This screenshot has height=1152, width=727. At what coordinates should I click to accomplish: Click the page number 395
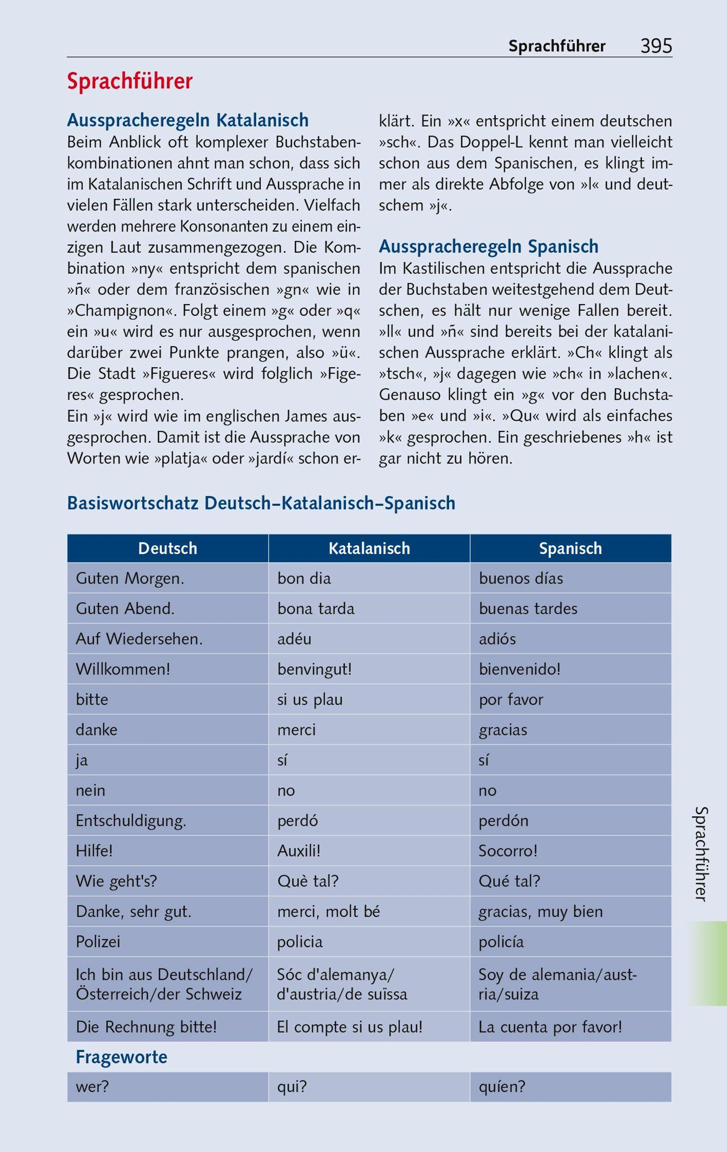click(x=656, y=46)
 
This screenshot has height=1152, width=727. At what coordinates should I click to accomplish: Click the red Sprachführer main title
click(x=130, y=82)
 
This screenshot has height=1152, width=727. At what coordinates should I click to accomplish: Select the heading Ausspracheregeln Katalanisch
click(x=188, y=120)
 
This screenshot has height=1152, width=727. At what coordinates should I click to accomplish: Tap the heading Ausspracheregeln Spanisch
click(x=488, y=246)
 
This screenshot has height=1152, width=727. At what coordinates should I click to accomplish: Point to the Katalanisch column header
click(x=369, y=548)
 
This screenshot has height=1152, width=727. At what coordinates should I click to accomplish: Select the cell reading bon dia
click(x=304, y=578)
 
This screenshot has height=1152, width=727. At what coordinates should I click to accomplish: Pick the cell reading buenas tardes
click(x=528, y=609)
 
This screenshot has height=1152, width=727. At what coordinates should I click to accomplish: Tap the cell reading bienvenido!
click(x=520, y=669)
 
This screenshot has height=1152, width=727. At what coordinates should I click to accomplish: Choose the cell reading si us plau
click(x=310, y=700)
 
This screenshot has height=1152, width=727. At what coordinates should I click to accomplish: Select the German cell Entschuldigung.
click(x=131, y=821)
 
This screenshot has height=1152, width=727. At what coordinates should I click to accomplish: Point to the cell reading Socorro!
click(x=508, y=851)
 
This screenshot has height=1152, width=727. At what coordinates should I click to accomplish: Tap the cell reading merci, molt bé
click(x=329, y=912)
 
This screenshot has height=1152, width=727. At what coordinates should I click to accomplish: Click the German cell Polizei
click(x=98, y=942)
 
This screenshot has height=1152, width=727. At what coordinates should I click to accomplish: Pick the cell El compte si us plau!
click(x=350, y=1027)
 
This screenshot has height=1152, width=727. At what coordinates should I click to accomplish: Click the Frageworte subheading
click(x=121, y=1057)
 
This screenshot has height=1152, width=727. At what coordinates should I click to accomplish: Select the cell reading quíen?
click(x=502, y=1087)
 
